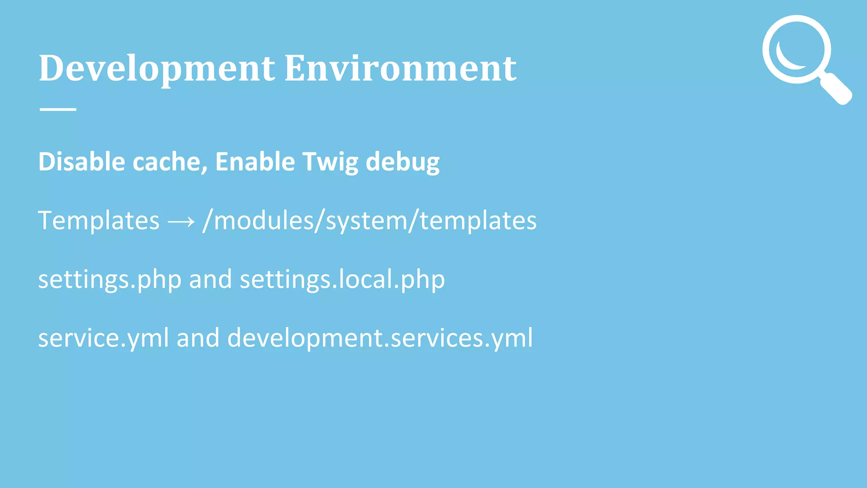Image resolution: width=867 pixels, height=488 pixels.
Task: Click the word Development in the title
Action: point(157,69)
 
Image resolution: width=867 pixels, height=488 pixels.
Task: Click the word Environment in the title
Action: point(400,69)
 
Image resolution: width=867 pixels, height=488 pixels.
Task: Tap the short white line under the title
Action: point(58,109)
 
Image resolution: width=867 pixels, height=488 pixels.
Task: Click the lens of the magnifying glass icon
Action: point(797,49)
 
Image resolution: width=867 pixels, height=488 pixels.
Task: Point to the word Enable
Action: point(255,162)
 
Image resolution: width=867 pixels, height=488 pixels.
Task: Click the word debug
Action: point(403,163)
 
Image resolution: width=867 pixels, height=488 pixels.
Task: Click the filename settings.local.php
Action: point(342,280)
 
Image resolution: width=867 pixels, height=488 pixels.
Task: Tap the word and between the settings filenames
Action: point(210,280)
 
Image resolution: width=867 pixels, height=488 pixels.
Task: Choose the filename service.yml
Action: point(104,338)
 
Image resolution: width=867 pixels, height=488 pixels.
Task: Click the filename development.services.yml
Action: point(380,338)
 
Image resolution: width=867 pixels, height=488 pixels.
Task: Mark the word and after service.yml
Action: point(198,338)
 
